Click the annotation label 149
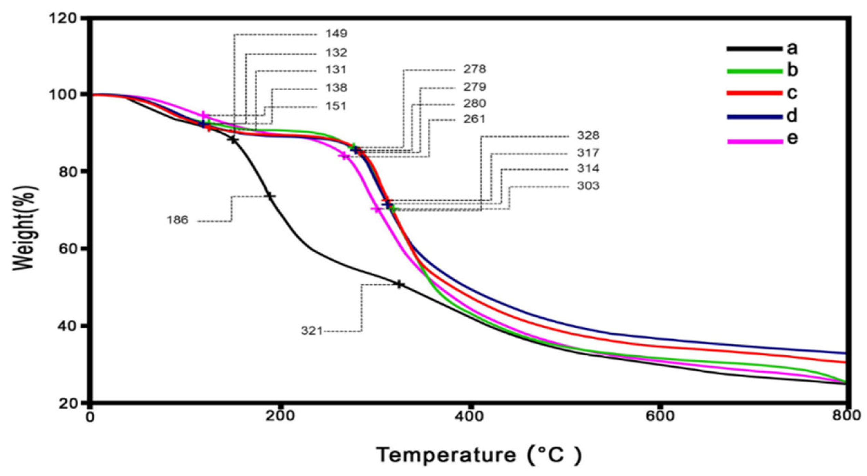coord(336,34)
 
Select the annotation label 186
coord(177,220)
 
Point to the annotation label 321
coord(311,331)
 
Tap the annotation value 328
coord(588,136)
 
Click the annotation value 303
coord(588,186)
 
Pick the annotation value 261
coord(474,119)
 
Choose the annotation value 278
coord(475,69)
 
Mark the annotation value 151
coord(336,106)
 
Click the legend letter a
coord(792,48)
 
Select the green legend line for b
coord(754,71)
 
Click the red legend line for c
coord(754,93)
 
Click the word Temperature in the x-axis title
coord(446,455)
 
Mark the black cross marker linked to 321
coord(399,285)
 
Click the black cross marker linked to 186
coord(270,196)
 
